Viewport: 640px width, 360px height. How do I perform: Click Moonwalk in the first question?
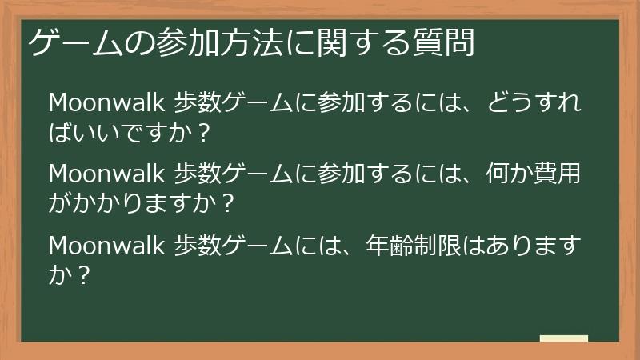[107, 103]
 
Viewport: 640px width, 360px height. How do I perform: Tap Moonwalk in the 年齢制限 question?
[107, 242]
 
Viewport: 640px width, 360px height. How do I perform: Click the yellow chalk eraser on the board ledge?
[564, 338]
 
